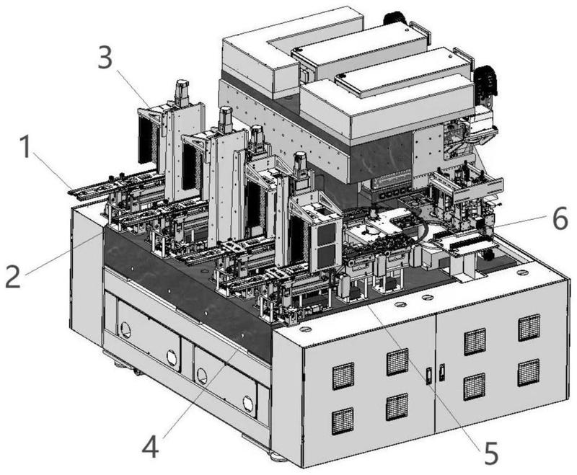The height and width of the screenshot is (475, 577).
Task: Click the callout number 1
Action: (x=25, y=147)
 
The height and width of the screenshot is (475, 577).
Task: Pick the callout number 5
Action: (x=491, y=453)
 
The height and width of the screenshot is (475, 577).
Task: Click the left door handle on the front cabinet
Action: (x=429, y=376)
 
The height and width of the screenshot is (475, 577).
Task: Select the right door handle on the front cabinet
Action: (x=441, y=372)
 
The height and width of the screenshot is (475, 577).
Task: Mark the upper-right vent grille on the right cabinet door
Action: (x=529, y=327)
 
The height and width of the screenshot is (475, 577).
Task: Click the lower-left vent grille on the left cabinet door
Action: (x=343, y=421)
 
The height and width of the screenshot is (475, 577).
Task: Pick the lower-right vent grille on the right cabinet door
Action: (x=529, y=372)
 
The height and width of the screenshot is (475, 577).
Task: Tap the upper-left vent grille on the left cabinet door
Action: (x=343, y=376)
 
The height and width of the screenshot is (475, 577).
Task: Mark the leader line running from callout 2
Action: (x=63, y=254)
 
